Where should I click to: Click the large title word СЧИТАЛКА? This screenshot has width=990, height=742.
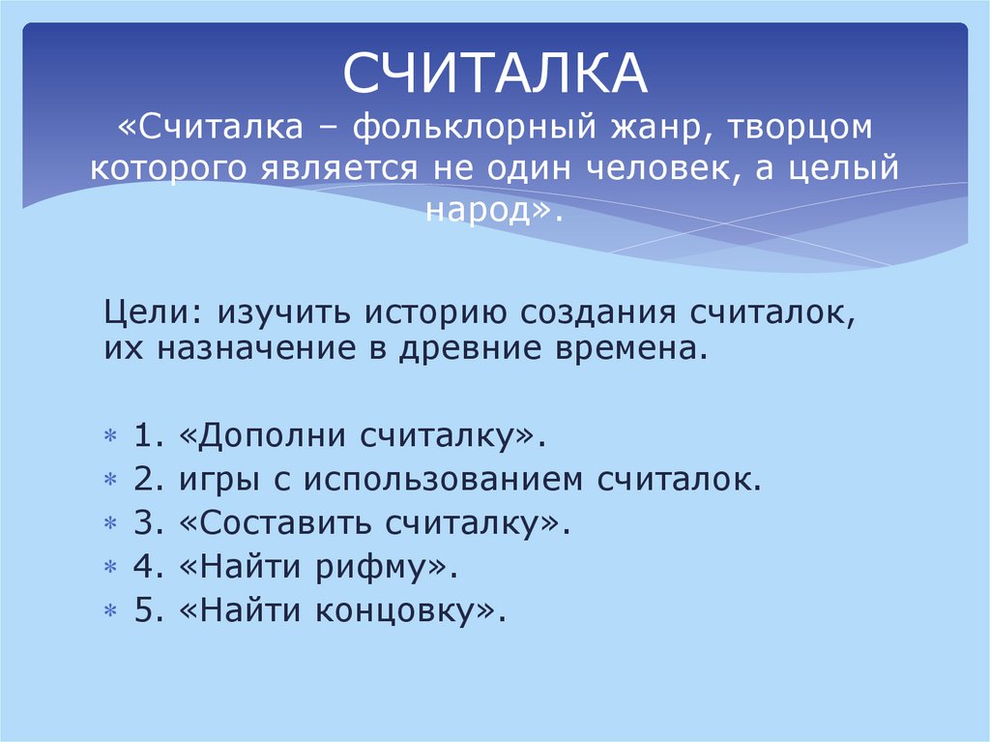click(495, 76)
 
